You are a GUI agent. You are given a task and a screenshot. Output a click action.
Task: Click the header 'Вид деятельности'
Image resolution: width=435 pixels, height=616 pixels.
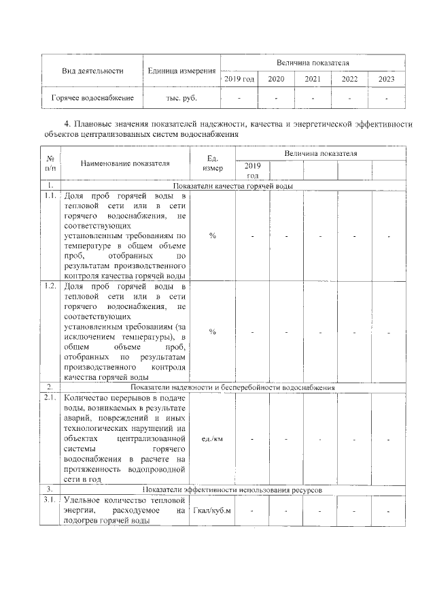92,70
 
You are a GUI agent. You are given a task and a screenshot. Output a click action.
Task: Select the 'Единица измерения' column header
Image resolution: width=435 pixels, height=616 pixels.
181,70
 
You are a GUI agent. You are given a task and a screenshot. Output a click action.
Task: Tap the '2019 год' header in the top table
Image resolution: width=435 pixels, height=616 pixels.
239,79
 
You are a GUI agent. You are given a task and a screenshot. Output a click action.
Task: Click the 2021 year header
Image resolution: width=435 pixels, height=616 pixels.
313,79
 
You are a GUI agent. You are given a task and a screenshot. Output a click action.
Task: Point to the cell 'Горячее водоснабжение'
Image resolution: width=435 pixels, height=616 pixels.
92,98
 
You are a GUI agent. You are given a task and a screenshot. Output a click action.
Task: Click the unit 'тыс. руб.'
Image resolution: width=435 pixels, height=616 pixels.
181,98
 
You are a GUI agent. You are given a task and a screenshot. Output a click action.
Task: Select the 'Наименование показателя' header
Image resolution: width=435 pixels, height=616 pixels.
125,163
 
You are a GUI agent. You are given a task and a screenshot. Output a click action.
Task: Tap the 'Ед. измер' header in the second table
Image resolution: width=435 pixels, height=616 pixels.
212,163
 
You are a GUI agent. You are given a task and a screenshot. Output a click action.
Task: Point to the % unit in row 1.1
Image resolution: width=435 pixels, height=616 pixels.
212,236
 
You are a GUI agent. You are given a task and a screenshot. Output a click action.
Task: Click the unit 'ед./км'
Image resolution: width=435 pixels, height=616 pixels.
212,439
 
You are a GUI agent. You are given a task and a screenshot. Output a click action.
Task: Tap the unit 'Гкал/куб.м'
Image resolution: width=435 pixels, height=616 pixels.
212,510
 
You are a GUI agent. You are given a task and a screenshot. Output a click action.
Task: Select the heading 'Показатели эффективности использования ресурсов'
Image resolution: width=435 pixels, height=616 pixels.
233,489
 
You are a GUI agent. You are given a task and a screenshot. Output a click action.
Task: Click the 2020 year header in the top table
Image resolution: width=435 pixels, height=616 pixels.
276,79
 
